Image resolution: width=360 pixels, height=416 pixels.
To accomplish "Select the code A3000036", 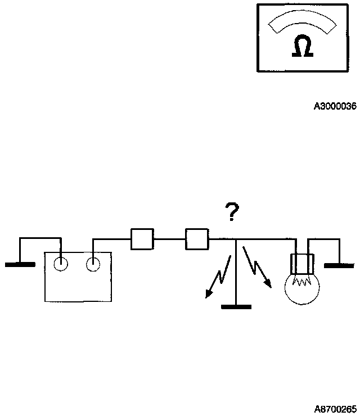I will point(335,106).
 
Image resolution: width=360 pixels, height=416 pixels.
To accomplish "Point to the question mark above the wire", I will point(231,212).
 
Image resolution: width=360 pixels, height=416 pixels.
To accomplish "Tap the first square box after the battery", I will point(142,238).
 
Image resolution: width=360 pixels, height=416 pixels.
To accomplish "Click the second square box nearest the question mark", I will point(197,238).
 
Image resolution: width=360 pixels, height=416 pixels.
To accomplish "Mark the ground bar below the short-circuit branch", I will point(236,306).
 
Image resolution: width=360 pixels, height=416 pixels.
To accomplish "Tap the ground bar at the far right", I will point(339,265).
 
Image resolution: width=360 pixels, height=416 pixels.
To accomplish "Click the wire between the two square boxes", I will point(169,238).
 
